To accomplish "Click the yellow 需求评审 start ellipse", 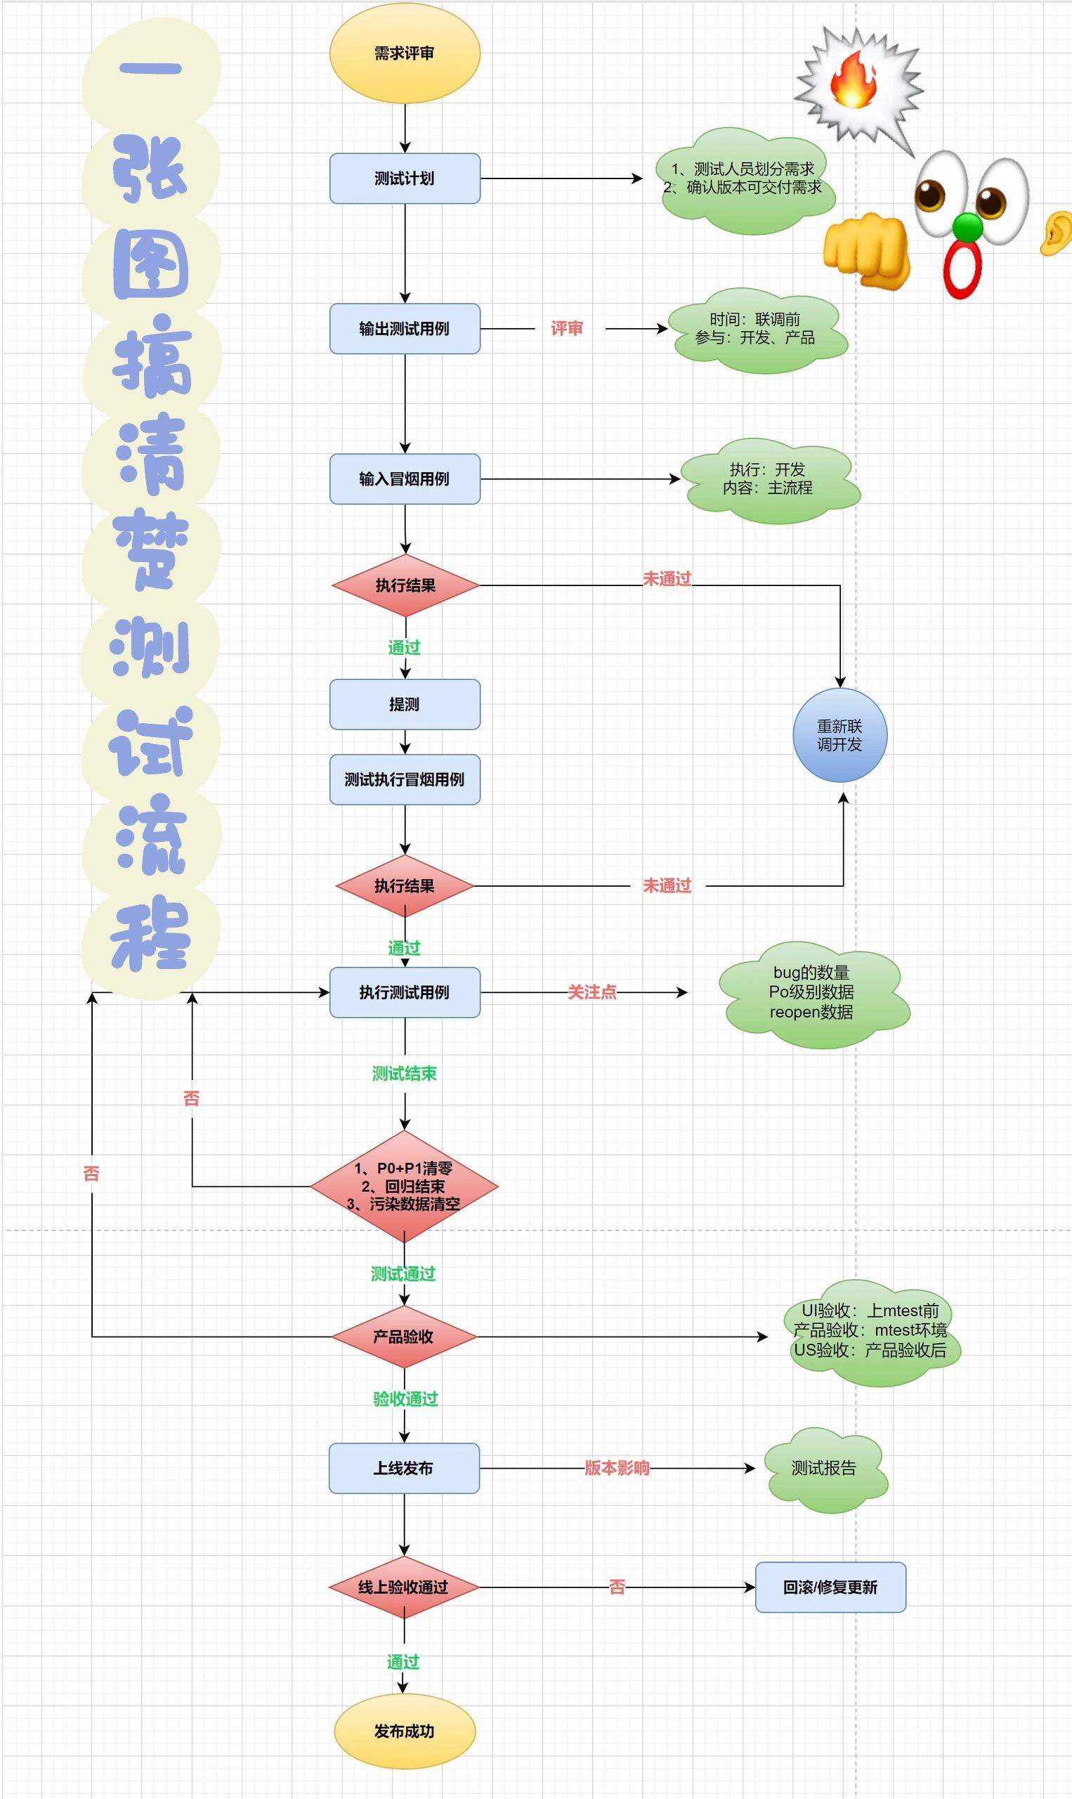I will (405, 53).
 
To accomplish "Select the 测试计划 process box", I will (405, 178).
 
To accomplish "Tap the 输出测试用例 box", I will (405, 328).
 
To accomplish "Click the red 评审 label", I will (566, 328).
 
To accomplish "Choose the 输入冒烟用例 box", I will (405, 479).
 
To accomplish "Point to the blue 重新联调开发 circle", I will (839, 735).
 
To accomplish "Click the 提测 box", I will (405, 703).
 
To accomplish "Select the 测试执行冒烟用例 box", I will (405, 779).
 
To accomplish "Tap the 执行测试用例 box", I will (405, 992).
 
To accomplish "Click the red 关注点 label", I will (591, 992).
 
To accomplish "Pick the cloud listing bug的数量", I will (812, 994).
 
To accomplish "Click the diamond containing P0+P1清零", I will (404, 1186).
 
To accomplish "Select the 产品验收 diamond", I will (404, 1337).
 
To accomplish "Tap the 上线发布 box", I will (404, 1468).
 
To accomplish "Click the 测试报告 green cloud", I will (824, 1468).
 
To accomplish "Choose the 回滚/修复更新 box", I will (830, 1587).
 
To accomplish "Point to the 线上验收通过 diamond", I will (404, 1587).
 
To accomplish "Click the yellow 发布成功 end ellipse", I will (405, 1731).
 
